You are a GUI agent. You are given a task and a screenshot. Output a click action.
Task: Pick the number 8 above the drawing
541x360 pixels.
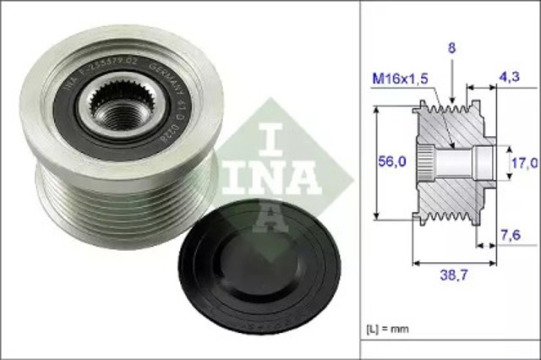click(452, 49)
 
